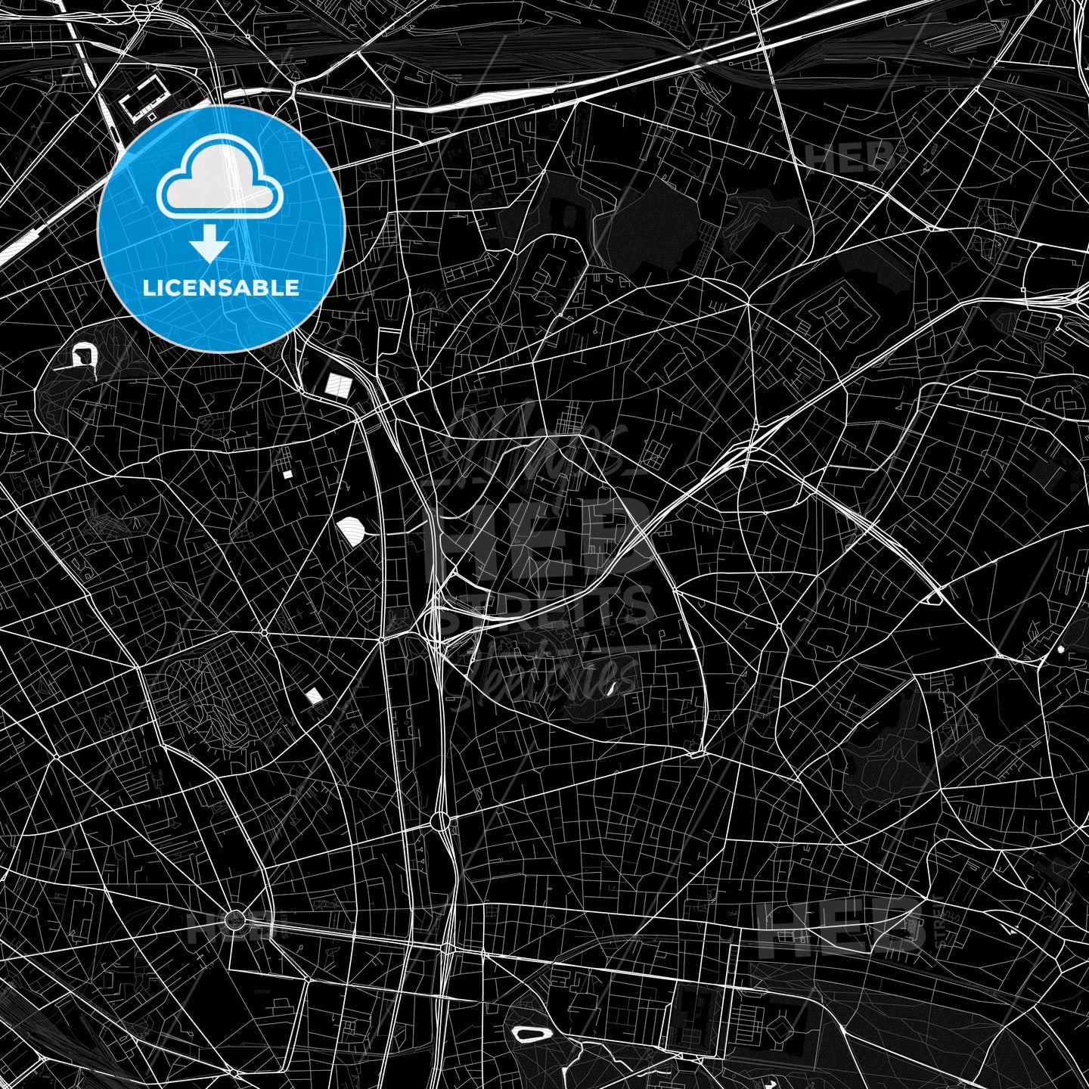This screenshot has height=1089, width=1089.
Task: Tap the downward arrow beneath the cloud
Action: click(x=209, y=247)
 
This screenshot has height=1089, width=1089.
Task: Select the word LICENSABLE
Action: click(x=221, y=288)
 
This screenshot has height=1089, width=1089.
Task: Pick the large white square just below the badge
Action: click(x=338, y=385)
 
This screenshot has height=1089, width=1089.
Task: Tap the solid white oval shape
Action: click(x=352, y=529)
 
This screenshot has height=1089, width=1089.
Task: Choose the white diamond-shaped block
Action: click(x=313, y=695)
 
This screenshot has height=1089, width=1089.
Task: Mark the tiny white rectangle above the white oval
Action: click(x=287, y=474)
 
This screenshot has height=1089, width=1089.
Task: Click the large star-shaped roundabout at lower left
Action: click(x=235, y=920)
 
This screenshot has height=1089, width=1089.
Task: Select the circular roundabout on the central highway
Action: click(x=440, y=821)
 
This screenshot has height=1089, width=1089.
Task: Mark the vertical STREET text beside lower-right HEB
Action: click(x=940, y=922)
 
